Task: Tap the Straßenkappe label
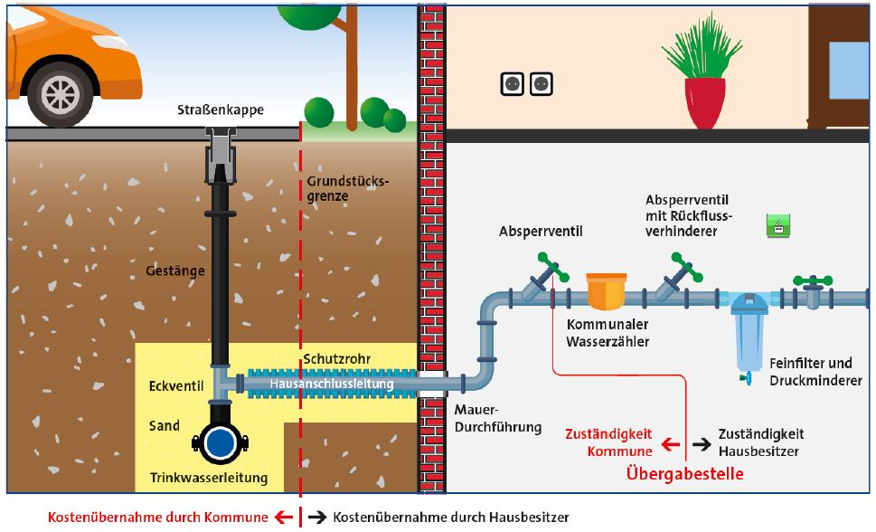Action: point(221,110)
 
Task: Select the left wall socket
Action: point(513,84)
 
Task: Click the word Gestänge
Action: point(175,270)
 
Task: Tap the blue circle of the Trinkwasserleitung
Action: point(219,443)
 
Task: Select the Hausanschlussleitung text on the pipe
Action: point(331,385)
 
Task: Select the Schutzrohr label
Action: point(337,357)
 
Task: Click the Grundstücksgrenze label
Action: point(347,188)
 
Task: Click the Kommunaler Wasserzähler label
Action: point(608,333)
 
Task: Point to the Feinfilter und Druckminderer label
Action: point(815,372)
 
